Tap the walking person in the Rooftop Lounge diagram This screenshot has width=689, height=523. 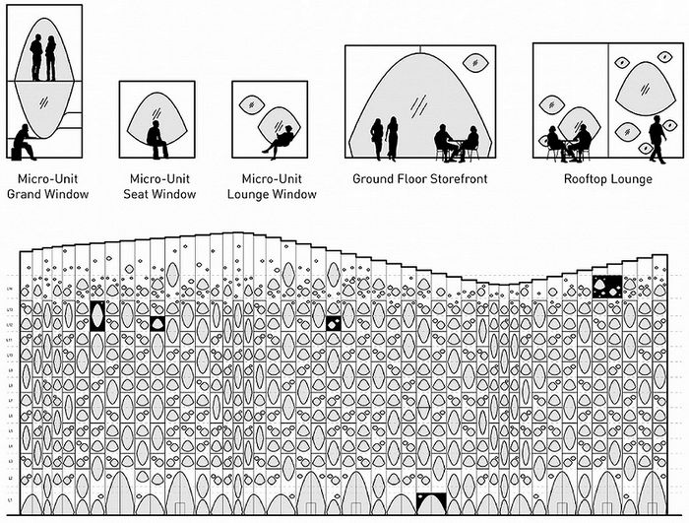pyautogui.click(x=657, y=139)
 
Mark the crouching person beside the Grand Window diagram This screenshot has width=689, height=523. pyautogui.click(x=21, y=142)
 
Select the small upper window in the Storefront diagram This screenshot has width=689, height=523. pyautogui.click(x=476, y=64)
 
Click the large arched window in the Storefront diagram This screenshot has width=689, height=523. pyautogui.click(x=413, y=98)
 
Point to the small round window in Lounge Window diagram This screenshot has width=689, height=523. pyautogui.click(x=252, y=102)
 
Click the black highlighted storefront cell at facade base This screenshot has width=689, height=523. pyautogui.click(x=431, y=503)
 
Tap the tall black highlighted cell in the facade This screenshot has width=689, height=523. pyautogui.click(x=97, y=315)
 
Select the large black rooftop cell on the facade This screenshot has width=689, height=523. pyautogui.click(x=607, y=287)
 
